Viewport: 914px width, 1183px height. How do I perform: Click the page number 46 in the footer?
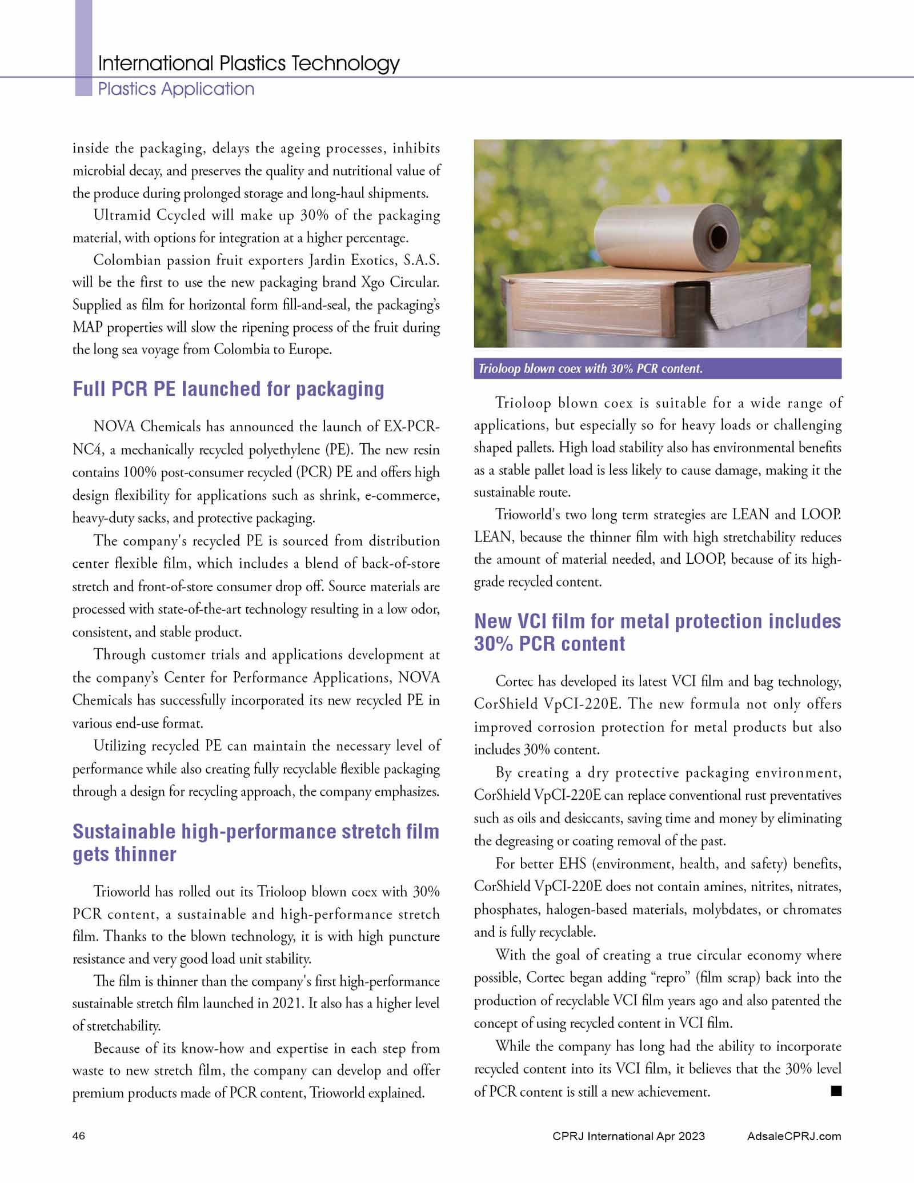tap(79, 1136)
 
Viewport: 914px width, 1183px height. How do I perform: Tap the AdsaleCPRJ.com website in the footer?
tap(793, 1136)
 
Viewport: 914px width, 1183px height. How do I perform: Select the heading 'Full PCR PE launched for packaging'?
tap(228, 389)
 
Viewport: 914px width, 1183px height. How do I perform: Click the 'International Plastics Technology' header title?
tap(248, 63)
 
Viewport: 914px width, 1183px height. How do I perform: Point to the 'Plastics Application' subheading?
tap(176, 89)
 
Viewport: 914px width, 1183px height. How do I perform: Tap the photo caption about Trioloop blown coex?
tap(590, 369)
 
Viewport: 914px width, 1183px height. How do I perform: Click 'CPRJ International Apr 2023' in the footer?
tap(628, 1136)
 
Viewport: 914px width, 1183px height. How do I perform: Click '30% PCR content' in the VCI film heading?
tap(549, 644)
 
